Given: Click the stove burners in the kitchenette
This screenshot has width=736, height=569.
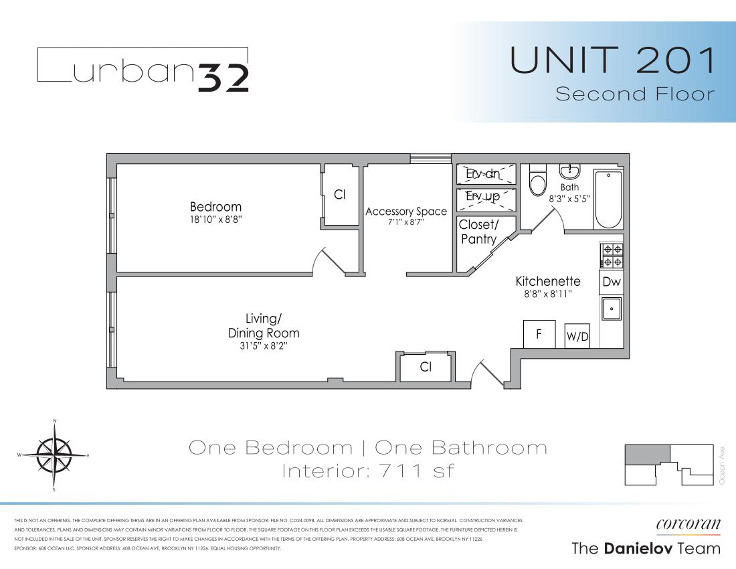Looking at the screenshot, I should [x=612, y=256].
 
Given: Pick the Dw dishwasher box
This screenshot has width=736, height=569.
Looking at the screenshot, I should [x=612, y=282].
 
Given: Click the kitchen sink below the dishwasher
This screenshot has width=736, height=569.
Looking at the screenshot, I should [x=612, y=309].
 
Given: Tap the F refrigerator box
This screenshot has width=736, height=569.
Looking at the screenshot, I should [x=539, y=334].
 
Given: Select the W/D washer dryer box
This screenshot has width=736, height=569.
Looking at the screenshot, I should [x=577, y=337].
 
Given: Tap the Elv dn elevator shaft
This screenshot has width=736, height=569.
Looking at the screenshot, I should [x=486, y=174].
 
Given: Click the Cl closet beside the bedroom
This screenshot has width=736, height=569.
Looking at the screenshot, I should [x=339, y=195].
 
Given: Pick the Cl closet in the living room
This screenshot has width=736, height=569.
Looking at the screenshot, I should [x=425, y=367].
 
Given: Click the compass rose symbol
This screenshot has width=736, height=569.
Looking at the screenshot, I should [x=54, y=455].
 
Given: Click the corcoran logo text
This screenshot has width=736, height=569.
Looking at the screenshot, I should [x=687, y=524].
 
